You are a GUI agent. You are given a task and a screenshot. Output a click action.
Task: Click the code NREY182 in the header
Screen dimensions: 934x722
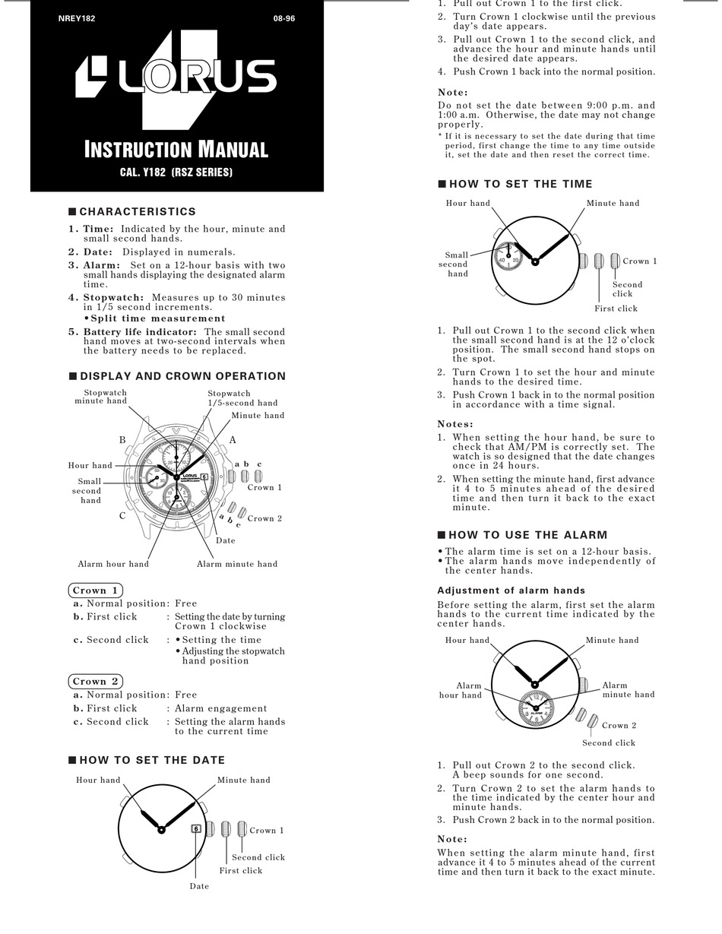pos(77,18)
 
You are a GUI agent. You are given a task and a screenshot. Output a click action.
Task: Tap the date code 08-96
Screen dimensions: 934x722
pos(284,18)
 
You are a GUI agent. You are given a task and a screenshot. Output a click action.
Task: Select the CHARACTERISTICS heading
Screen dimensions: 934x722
pos(138,212)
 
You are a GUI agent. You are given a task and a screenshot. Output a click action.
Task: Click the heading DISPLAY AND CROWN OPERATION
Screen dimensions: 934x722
pos(182,376)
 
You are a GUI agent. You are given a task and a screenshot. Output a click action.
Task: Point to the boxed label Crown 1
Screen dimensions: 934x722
pos(96,590)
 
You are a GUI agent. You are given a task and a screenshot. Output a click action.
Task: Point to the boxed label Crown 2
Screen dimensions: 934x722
pos(96,682)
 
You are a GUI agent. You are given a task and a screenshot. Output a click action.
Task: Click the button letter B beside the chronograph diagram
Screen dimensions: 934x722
pos(122,440)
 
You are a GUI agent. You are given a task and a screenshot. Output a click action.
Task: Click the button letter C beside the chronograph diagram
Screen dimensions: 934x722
pos(122,516)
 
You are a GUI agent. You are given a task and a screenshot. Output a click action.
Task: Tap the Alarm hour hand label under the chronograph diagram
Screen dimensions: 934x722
pos(113,564)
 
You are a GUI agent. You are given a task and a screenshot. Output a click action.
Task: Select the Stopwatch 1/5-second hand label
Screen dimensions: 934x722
pos(242,398)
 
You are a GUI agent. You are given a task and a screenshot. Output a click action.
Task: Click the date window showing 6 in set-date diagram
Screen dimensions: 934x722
pos(196,828)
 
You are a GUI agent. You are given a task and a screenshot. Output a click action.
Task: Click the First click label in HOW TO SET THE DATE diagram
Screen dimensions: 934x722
pos(241,871)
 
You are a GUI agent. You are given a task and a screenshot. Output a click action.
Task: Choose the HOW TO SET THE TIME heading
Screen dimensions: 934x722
pos(521,184)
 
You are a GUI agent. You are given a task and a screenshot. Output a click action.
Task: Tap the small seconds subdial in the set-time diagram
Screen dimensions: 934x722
pos(508,256)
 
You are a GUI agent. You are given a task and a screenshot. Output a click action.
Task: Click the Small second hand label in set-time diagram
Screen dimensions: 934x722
pos(457,264)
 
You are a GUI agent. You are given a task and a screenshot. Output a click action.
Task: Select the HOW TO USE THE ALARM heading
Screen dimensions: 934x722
pos(528,535)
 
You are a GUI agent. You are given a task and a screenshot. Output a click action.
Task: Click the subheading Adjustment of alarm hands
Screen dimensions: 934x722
pos(511,590)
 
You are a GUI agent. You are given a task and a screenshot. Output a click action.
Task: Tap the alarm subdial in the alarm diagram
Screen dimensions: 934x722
pos(536,708)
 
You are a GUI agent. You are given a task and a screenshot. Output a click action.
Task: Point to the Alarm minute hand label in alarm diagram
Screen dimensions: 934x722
pos(628,690)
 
